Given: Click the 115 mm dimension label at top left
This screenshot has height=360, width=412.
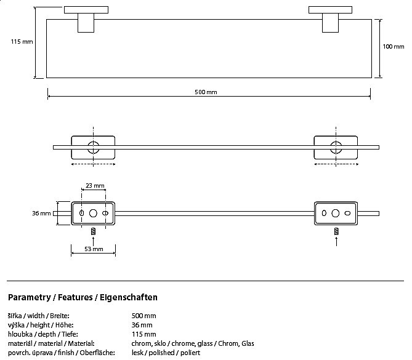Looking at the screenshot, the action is tap(22, 42).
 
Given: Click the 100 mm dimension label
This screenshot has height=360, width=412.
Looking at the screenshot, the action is tap(394, 47).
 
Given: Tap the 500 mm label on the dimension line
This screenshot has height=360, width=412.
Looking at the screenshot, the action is tap(206, 92).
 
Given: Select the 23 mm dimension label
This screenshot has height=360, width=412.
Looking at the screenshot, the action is tap(95, 186).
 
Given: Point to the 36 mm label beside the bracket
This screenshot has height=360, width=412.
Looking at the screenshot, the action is tap(41, 213).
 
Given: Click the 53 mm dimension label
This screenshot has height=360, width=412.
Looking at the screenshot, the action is tap(94, 249).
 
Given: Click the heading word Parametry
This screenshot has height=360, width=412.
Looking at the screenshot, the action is tap(30, 297).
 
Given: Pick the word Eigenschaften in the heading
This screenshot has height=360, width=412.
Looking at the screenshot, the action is tap(129, 297).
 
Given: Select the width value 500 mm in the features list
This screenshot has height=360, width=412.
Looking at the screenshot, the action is tap(143, 316).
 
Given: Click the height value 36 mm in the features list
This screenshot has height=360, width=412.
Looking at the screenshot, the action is tap(142, 325).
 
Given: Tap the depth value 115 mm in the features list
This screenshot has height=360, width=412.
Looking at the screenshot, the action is tap(143, 334).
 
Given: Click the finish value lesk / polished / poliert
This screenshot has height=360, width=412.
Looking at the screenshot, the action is tap(166, 353).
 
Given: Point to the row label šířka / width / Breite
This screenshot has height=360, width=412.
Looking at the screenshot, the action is tap(39, 316).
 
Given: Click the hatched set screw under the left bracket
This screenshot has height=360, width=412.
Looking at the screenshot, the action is tap(93, 231).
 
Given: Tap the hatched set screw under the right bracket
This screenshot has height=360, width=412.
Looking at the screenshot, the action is tap(336, 231).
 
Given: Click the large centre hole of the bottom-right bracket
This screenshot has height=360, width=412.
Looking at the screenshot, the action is tap(335, 213).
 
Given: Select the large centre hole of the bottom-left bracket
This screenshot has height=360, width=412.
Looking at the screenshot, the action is tap(93, 213).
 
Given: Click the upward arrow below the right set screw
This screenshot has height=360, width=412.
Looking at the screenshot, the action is tap(336, 242).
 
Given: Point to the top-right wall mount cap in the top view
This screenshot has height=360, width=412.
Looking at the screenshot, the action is tap(330, 10).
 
